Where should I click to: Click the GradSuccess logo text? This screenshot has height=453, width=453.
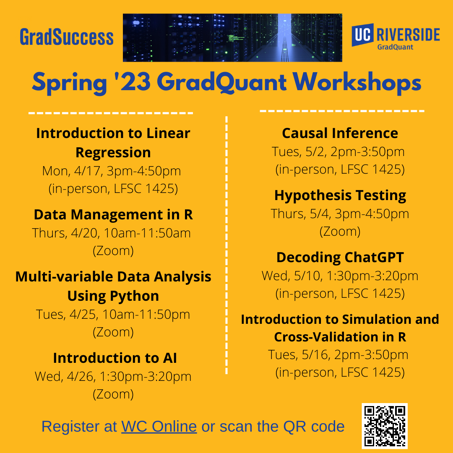[66, 37]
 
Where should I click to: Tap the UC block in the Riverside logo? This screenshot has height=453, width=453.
[362, 35]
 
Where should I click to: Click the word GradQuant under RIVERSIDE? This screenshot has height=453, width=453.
[395, 47]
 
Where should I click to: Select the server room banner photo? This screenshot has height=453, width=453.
[232, 38]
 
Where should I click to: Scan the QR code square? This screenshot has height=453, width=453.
[385, 426]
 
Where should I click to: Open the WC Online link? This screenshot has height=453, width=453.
[159, 426]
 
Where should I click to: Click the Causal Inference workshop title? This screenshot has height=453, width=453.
[340, 133]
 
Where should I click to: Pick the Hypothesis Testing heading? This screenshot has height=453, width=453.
[340, 195]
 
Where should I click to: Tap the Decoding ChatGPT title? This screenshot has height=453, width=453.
[340, 258]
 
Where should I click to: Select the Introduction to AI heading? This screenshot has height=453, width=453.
[115, 358]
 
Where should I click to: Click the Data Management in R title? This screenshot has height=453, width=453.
[113, 215]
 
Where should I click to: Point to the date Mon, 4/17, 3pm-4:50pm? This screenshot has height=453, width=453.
[112, 171]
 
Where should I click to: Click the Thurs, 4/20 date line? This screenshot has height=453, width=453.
[112, 233]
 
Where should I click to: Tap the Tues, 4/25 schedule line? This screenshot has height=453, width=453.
[113, 315]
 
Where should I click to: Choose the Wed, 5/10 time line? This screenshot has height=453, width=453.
[340, 276]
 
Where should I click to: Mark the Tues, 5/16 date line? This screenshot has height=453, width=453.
[338, 355]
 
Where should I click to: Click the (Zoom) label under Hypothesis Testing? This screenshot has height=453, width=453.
[340, 232]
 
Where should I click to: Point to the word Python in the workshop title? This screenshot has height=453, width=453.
[134, 297]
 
